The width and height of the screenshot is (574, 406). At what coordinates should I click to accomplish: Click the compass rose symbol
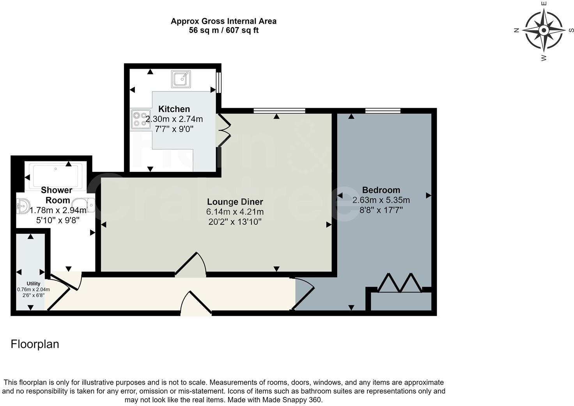point(544,30)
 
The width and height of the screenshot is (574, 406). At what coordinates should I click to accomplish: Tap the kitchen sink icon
point(181,79)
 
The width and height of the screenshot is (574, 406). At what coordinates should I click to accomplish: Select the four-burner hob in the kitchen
point(141,119)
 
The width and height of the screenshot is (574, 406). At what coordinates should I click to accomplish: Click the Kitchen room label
point(174,109)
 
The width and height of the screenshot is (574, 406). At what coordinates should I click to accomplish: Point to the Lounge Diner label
point(235,202)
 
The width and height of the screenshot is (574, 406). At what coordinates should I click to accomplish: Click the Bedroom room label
point(381,190)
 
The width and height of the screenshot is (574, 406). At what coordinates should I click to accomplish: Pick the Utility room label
point(33,283)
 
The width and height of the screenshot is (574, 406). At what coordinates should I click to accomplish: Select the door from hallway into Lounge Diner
point(191,265)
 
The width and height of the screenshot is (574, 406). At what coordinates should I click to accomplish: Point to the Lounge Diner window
point(279,111)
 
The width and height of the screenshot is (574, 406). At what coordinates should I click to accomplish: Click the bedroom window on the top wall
point(383,111)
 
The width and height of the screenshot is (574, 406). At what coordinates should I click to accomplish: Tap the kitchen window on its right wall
point(219,82)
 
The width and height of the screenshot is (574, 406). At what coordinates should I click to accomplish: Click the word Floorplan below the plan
point(35,344)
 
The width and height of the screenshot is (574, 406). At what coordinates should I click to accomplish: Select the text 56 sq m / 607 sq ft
point(223,30)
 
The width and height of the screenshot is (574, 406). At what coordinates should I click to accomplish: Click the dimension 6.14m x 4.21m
point(235,212)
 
